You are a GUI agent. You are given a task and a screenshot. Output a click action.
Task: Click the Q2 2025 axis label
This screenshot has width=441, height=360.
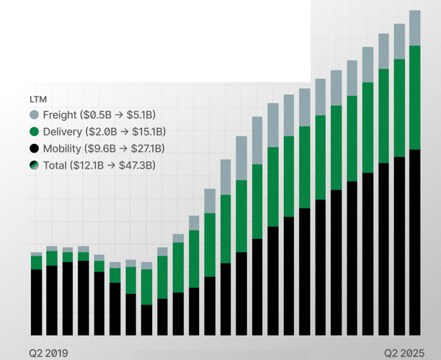[403, 353]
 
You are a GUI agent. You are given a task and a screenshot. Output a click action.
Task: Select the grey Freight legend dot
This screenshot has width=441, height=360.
[34, 115]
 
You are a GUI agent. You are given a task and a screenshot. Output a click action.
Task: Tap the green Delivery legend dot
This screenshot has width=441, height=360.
[34, 132]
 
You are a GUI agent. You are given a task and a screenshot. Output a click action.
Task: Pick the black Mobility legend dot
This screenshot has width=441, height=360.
[34, 149]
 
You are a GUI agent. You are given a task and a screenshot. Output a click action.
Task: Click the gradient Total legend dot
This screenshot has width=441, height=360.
[34, 166]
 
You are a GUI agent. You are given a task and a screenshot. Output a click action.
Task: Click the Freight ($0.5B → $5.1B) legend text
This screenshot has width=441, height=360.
[99, 115]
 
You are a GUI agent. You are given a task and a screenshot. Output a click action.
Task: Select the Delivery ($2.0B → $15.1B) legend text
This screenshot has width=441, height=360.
[104, 132]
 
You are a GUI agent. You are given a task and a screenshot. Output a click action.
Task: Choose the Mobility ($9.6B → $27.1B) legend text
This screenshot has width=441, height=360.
[104, 149]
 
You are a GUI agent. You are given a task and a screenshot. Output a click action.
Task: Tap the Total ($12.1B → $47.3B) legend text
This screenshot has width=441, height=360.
[99, 166]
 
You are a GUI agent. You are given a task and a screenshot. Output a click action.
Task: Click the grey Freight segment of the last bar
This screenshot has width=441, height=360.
[414, 27]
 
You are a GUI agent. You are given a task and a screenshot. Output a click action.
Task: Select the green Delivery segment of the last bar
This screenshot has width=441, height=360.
[414, 97]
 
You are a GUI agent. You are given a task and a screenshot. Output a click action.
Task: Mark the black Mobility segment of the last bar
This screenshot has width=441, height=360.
[414, 242]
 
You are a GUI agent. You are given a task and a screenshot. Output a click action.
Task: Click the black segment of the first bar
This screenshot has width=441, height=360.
[36, 302]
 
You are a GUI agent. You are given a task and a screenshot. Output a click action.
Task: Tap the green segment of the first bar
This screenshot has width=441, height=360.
[36, 262]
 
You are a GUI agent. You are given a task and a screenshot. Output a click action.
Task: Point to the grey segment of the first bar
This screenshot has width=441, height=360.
[36, 254]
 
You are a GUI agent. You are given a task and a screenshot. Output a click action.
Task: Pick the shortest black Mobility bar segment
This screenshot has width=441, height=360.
[147, 320]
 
